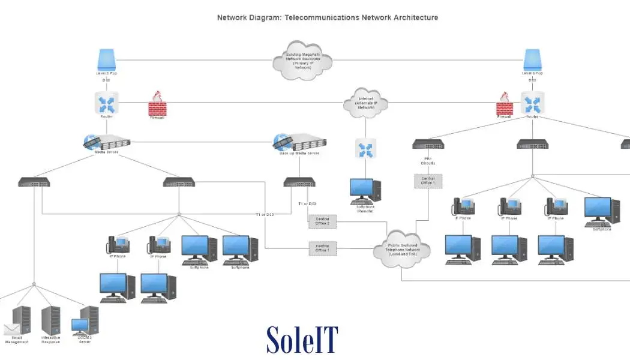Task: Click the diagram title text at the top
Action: click(328, 17)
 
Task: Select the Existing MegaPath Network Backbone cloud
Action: click(302, 60)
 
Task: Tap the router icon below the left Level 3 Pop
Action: click(106, 102)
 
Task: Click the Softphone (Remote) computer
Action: click(365, 191)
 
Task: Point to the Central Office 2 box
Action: click(323, 221)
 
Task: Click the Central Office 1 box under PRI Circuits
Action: click(428, 181)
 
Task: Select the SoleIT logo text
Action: click(302, 339)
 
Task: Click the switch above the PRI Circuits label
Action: click(428, 145)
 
